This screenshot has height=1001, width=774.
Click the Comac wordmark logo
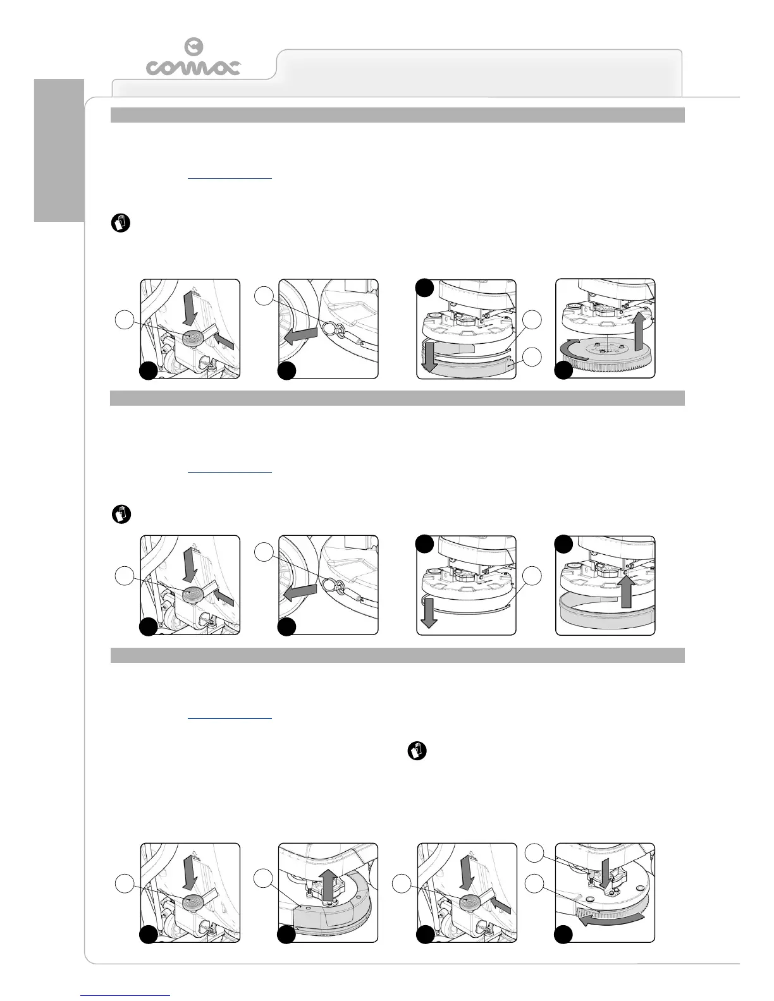[x=193, y=67]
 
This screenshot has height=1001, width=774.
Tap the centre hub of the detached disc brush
[x=603, y=349]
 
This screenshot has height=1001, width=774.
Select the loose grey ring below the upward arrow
[x=605, y=613]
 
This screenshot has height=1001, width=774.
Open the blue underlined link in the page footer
[x=126, y=995]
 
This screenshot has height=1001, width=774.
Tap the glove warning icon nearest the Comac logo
[x=121, y=223]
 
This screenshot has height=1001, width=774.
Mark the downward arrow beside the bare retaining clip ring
[x=429, y=613]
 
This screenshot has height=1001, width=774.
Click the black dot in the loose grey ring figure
[x=563, y=544]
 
